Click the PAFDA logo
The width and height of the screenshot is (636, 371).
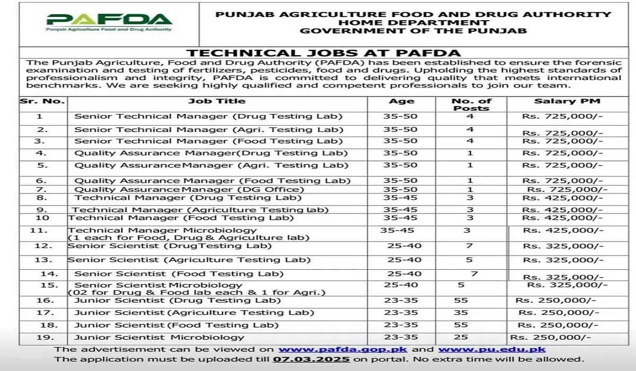click(x=109, y=22)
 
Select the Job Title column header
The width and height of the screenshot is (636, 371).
click(x=217, y=101)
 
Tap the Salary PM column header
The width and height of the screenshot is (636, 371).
click(x=567, y=101)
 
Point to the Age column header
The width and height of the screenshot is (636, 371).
click(x=401, y=101)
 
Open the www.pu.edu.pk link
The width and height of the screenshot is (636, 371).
click(x=492, y=349)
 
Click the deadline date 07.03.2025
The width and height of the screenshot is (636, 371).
click(x=312, y=359)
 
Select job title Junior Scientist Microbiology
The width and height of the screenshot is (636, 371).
click(x=160, y=337)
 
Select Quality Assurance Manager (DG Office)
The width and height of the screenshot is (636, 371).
click(x=189, y=189)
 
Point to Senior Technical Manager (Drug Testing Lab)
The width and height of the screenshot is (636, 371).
click(x=208, y=116)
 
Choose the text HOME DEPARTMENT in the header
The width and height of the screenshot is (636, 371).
click(x=413, y=23)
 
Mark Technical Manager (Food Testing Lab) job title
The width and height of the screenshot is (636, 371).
click(x=181, y=218)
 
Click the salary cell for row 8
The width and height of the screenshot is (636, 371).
click(x=562, y=198)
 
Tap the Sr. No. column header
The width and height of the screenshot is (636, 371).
click(x=42, y=101)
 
